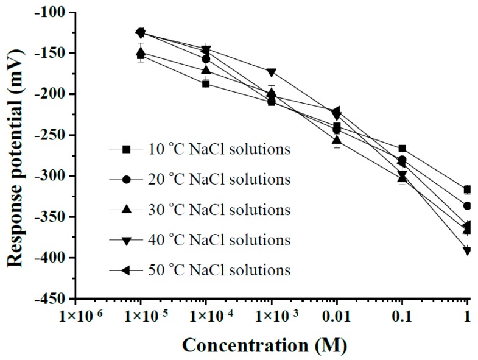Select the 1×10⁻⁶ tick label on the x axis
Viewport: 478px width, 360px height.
[x=76, y=317]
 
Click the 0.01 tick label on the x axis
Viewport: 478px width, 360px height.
[x=337, y=317]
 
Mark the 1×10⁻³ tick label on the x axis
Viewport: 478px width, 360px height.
[x=272, y=317]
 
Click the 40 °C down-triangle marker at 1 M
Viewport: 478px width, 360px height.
[x=467, y=250]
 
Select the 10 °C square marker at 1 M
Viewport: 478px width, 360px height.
[x=467, y=190]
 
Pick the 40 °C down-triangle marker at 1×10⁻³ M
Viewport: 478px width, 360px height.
[x=272, y=72]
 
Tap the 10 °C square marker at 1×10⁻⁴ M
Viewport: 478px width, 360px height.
[x=206, y=83]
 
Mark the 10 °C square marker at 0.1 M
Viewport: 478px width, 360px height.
[x=402, y=149]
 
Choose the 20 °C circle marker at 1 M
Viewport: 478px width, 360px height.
[x=467, y=206]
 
